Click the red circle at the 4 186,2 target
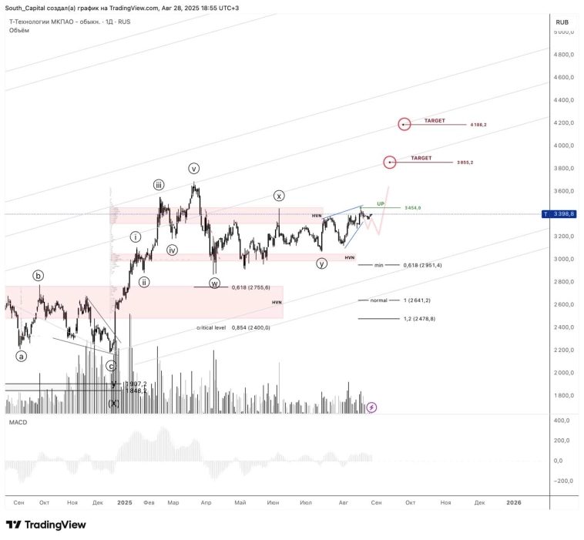(x=404, y=124)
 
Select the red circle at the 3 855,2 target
(x=391, y=162)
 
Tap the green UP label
(x=381, y=203)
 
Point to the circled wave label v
(x=194, y=168)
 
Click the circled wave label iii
(x=158, y=185)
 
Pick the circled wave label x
(x=279, y=196)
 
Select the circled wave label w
(x=214, y=283)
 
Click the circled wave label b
(x=38, y=275)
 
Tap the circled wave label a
(x=22, y=356)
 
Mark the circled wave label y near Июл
(x=321, y=263)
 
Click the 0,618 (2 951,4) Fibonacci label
(x=422, y=265)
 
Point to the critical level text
(x=211, y=327)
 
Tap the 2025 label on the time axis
(x=126, y=502)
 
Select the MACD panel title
(x=18, y=423)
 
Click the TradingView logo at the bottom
(x=45, y=525)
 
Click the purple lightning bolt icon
(x=371, y=407)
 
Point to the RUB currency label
(x=562, y=22)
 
